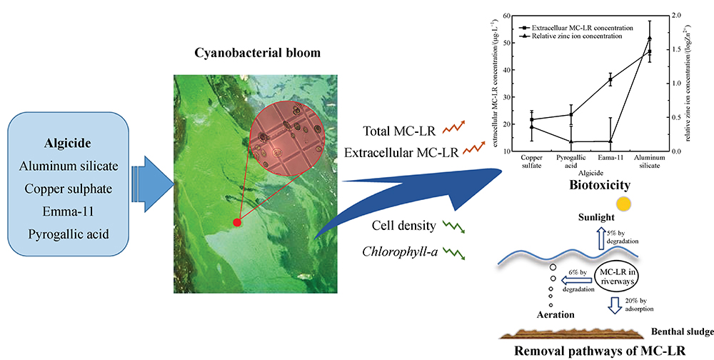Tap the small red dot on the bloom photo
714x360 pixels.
(x=237, y=223)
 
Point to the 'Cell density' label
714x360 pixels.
(x=403, y=226)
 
